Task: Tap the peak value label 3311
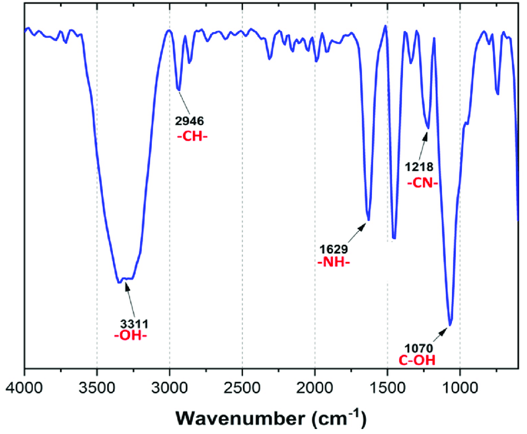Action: [135, 323]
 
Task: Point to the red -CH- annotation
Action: [192, 136]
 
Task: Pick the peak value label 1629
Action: [334, 249]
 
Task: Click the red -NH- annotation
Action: [334, 263]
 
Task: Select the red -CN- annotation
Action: [423, 183]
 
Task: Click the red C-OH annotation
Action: [417, 361]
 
